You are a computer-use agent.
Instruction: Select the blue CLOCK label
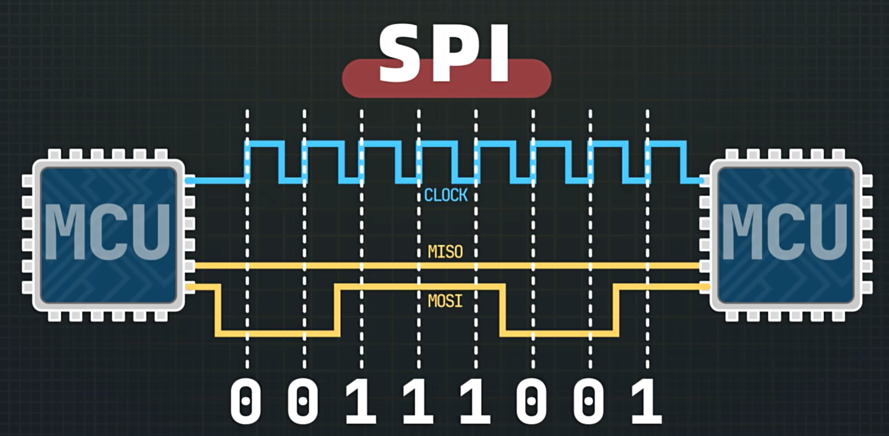click(446, 195)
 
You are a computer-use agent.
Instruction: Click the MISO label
click(445, 252)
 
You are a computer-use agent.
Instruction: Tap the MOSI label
click(445, 301)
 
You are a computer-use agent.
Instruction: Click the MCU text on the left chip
click(108, 232)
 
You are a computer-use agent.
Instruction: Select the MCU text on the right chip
click(785, 232)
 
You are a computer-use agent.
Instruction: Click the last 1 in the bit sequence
click(646, 402)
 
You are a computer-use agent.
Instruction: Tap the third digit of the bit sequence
click(361, 402)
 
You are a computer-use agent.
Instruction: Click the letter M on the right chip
click(741, 232)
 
